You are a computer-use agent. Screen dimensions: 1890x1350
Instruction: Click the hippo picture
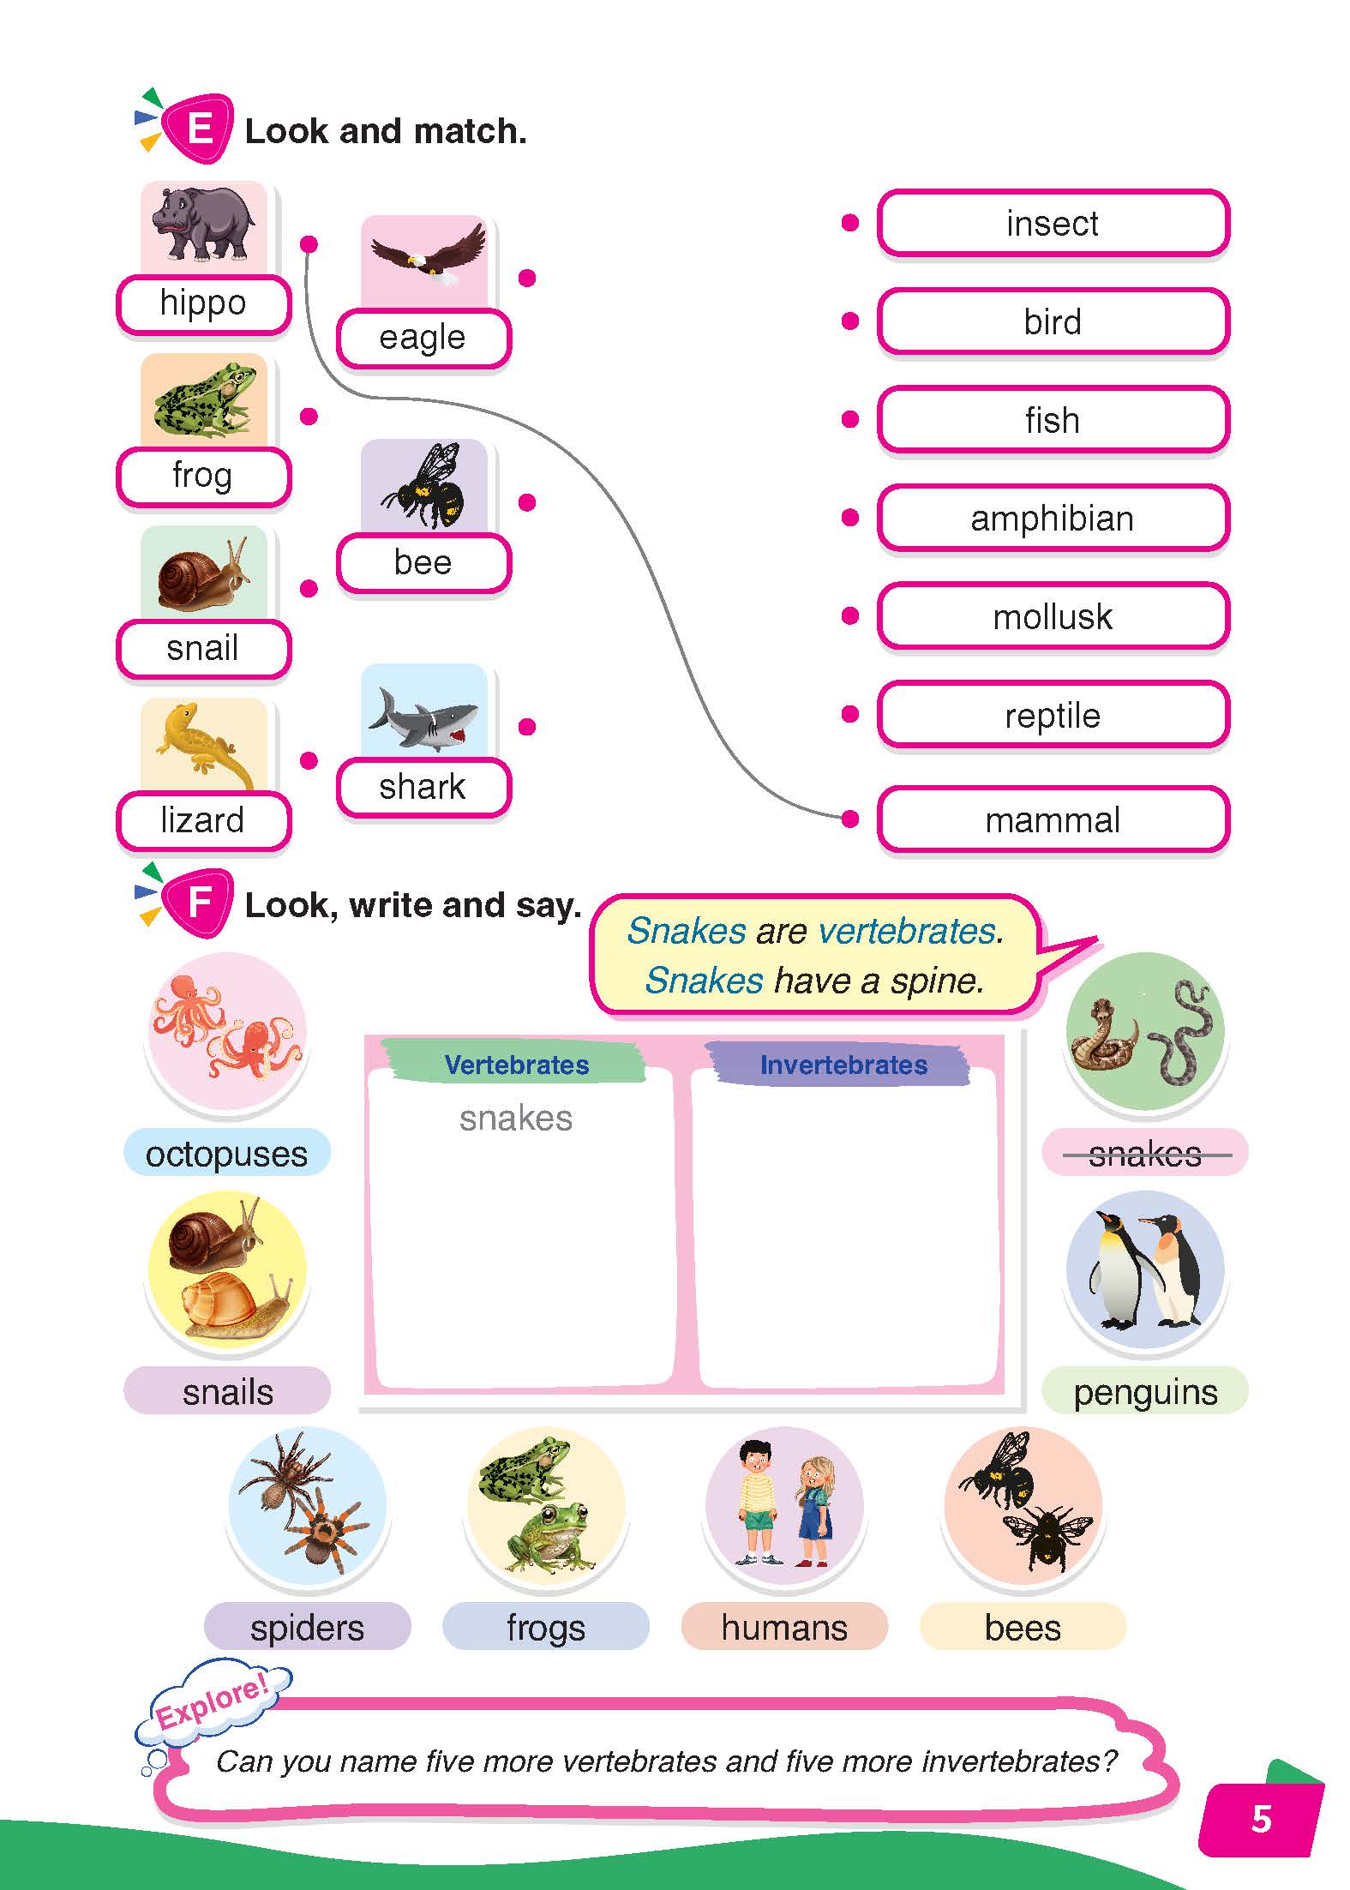point(203,225)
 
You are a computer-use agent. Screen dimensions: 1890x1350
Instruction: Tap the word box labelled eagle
point(423,338)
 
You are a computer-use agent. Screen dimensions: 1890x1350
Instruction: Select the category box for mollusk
point(1053,617)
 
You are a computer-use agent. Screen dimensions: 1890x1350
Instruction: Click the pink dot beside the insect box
point(850,224)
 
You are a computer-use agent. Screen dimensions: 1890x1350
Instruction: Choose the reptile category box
point(1053,716)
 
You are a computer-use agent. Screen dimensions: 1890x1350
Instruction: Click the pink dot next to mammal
point(850,819)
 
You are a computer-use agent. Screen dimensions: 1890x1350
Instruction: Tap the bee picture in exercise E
point(423,487)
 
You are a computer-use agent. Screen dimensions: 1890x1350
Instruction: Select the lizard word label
point(203,820)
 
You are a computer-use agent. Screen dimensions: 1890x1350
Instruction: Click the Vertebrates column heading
point(516,1065)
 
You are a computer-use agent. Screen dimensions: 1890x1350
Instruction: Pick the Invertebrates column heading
point(843,1065)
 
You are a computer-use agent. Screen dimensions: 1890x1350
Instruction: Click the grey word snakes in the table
point(515,1119)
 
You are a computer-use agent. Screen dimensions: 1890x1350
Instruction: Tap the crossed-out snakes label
point(1144,1154)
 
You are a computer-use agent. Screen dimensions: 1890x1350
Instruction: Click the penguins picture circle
point(1145,1270)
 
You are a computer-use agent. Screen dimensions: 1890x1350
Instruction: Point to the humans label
point(784,1628)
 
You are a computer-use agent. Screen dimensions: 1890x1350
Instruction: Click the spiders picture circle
point(308,1506)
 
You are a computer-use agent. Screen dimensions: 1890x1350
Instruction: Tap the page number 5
point(1261,1819)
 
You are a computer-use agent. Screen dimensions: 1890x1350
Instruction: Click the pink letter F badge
point(199,902)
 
